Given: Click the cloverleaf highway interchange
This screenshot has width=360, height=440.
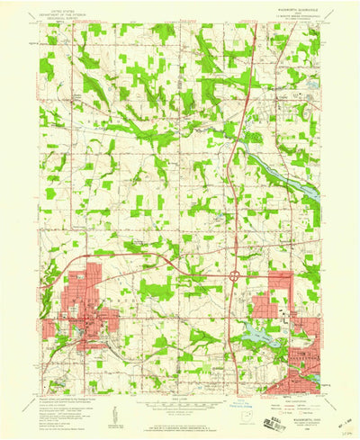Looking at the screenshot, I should tap(234, 278).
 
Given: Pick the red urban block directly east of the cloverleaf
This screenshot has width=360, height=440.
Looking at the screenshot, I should tap(270, 306).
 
